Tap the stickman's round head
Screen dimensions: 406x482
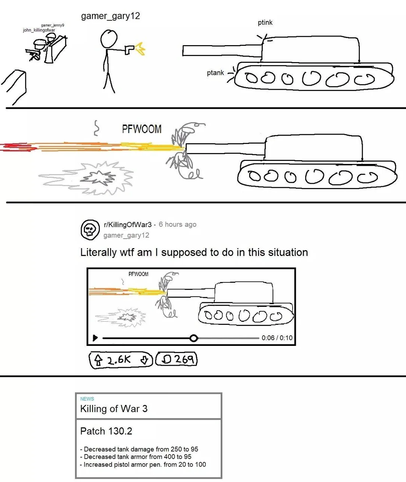109,39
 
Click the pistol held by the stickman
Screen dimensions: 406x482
129,49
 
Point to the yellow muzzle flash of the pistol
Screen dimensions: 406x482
140,49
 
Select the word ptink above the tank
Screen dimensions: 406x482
265,23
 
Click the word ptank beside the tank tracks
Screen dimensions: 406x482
215,73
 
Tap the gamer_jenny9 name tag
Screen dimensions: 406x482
53,25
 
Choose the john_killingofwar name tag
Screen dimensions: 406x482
39,30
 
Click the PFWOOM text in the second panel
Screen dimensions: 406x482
142,129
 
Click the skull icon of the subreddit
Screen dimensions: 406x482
90,230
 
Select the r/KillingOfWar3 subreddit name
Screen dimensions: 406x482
128,224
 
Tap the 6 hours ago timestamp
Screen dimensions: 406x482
177,224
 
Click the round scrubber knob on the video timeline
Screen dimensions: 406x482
194,338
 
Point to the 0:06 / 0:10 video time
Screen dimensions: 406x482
277,338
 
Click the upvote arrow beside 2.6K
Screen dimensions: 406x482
98,360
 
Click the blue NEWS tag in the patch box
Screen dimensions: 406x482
87,399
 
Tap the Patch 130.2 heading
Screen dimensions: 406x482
106,431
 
